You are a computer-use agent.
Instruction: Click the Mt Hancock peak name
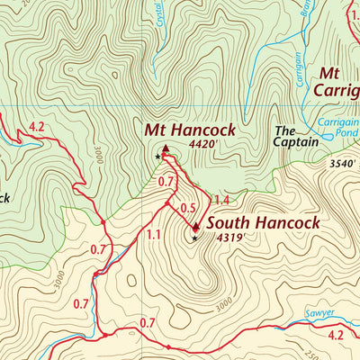tap(190, 130)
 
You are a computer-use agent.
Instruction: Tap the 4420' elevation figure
tap(204, 142)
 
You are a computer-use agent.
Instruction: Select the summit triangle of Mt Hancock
tap(165, 147)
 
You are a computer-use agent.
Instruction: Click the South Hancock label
tap(263, 222)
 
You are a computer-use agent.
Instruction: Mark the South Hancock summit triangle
tap(195, 227)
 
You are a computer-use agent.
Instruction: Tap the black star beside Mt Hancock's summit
tap(158, 157)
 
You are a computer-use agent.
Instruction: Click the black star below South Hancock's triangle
tap(193, 238)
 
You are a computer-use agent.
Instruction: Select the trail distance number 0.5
tap(188, 209)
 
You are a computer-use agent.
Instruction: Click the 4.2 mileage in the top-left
tap(36, 127)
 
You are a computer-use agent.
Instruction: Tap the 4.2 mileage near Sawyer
tap(336, 336)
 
